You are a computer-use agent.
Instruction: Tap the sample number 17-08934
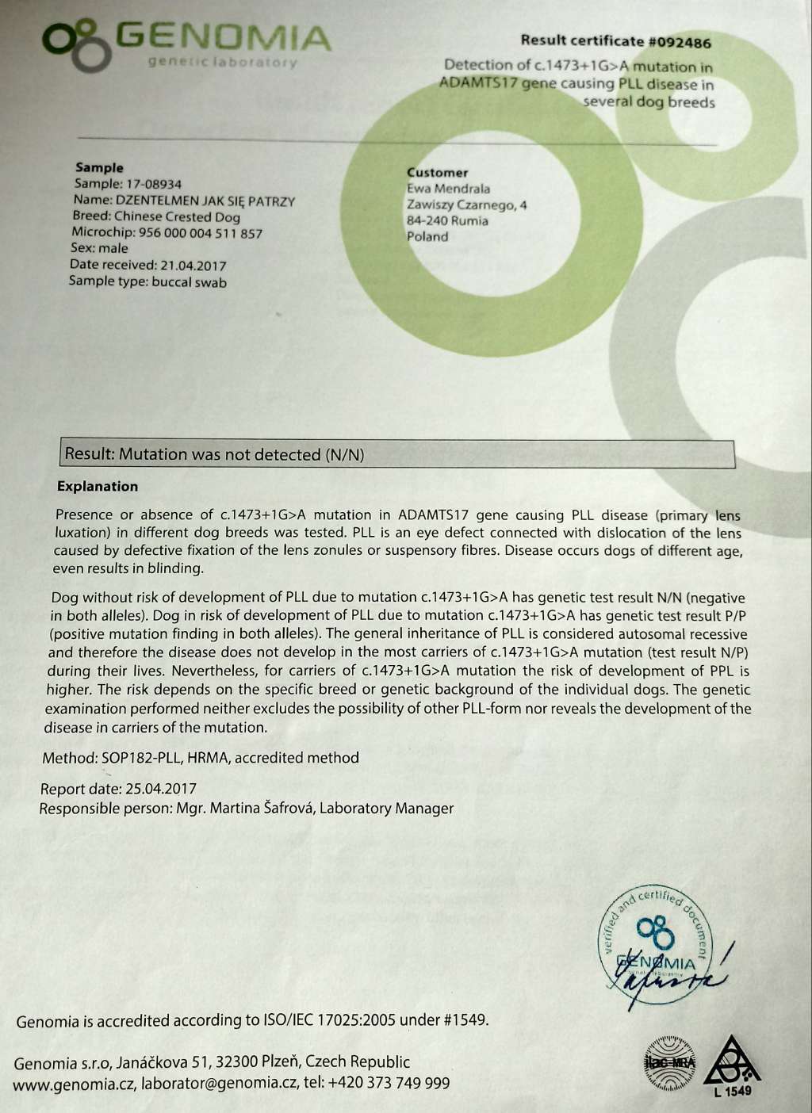(150, 184)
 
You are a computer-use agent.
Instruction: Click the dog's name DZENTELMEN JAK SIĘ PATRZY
(205, 201)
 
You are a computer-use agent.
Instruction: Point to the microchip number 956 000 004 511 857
(200, 233)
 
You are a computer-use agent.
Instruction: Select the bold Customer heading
(437, 172)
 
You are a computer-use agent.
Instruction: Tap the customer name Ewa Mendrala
(448, 189)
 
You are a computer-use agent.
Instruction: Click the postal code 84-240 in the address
(426, 220)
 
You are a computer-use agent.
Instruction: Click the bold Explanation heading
(98, 486)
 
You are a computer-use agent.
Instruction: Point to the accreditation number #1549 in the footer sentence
(464, 1020)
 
